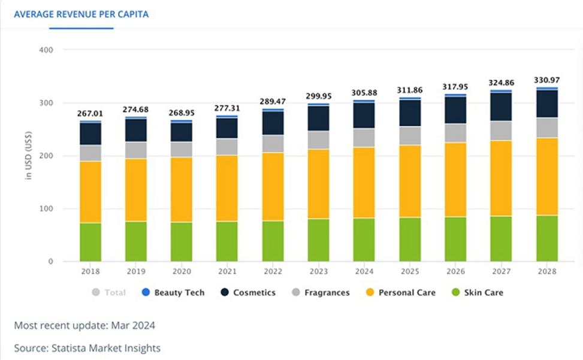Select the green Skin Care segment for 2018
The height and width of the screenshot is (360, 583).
(x=90, y=242)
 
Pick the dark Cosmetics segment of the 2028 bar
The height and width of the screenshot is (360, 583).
(x=546, y=104)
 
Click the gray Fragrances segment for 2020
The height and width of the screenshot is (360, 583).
(x=182, y=149)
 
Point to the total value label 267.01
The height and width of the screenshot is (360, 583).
(x=90, y=114)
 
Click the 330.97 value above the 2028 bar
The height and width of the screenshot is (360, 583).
(x=546, y=80)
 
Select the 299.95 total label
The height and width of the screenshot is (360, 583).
(x=318, y=96)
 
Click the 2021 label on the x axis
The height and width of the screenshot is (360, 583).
(x=227, y=271)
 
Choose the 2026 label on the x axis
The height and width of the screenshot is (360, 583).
(x=455, y=271)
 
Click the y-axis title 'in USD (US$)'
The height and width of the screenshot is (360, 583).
(x=28, y=156)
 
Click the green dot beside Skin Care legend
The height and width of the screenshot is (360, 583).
(x=455, y=293)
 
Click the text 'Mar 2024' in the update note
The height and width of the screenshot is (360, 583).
(x=135, y=326)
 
